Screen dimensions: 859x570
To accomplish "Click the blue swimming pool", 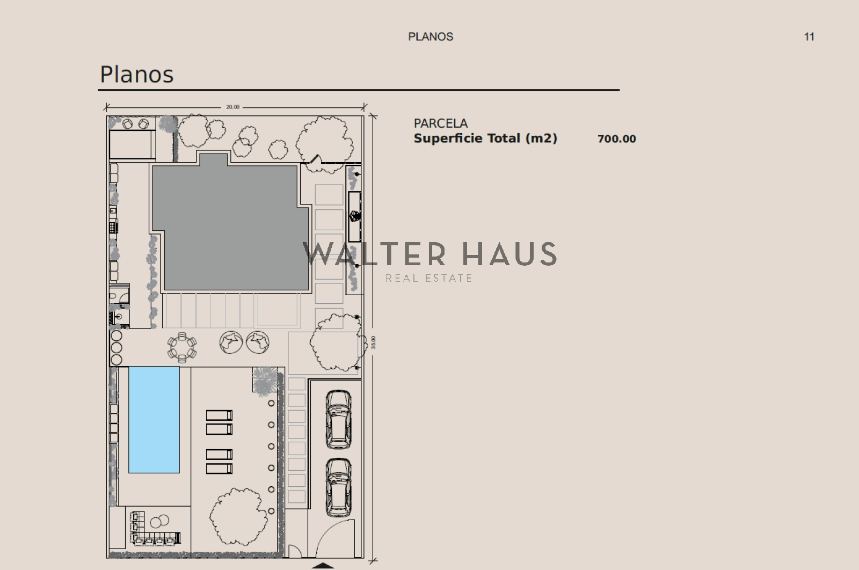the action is [x=154, y=420].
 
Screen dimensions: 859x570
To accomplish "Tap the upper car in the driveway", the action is [x=338, y=419].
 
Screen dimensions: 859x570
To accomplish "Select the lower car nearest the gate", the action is [x=338, y=487].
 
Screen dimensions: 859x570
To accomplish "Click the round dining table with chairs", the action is [x=182, y=348].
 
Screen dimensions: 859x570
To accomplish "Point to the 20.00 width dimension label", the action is [x=233, y=107].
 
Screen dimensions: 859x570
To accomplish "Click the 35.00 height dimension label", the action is [x=374, y=342].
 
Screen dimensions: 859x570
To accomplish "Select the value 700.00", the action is [x=617, y=139].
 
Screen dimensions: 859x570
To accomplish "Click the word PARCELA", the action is [x=441, y=123].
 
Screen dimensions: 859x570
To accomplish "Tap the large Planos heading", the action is [x=136, y=74].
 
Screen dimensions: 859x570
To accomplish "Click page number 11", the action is [x=809, y=37].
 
